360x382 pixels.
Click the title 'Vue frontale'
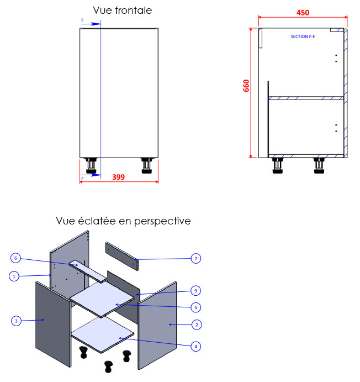(x=122, y=11)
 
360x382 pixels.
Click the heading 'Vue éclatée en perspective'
(x=123, y=221)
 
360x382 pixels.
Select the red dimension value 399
(x=118, y=177)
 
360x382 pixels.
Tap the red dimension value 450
(x=303, y=13)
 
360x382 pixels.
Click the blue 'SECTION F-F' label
(x=303, y=36)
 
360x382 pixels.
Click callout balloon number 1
(x=14, y=276)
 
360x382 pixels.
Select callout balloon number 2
(x=195, y=324)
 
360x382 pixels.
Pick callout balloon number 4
(x=195, y=347)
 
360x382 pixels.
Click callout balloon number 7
(x=195, y=258)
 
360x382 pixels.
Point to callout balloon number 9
(x=195, y=290)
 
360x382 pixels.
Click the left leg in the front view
(x=92, y=165)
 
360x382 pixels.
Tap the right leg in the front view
(x=146, y=165)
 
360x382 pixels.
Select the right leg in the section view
(x=319, y=165)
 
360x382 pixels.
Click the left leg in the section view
(x=277, y=165)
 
